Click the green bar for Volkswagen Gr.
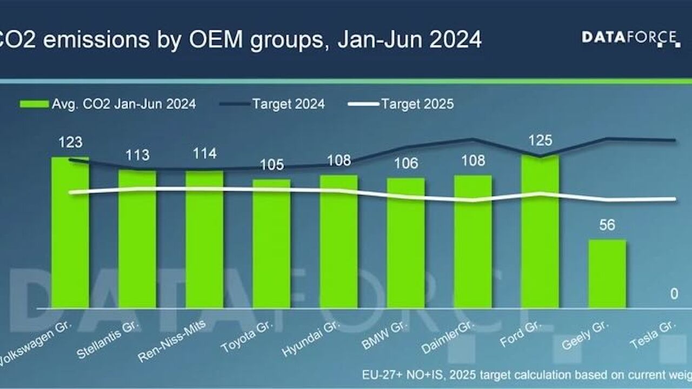70,232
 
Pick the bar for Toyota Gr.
271,244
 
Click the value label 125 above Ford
540,140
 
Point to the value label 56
607,225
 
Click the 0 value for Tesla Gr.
674,294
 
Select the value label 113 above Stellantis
137,156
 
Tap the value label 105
271,165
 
